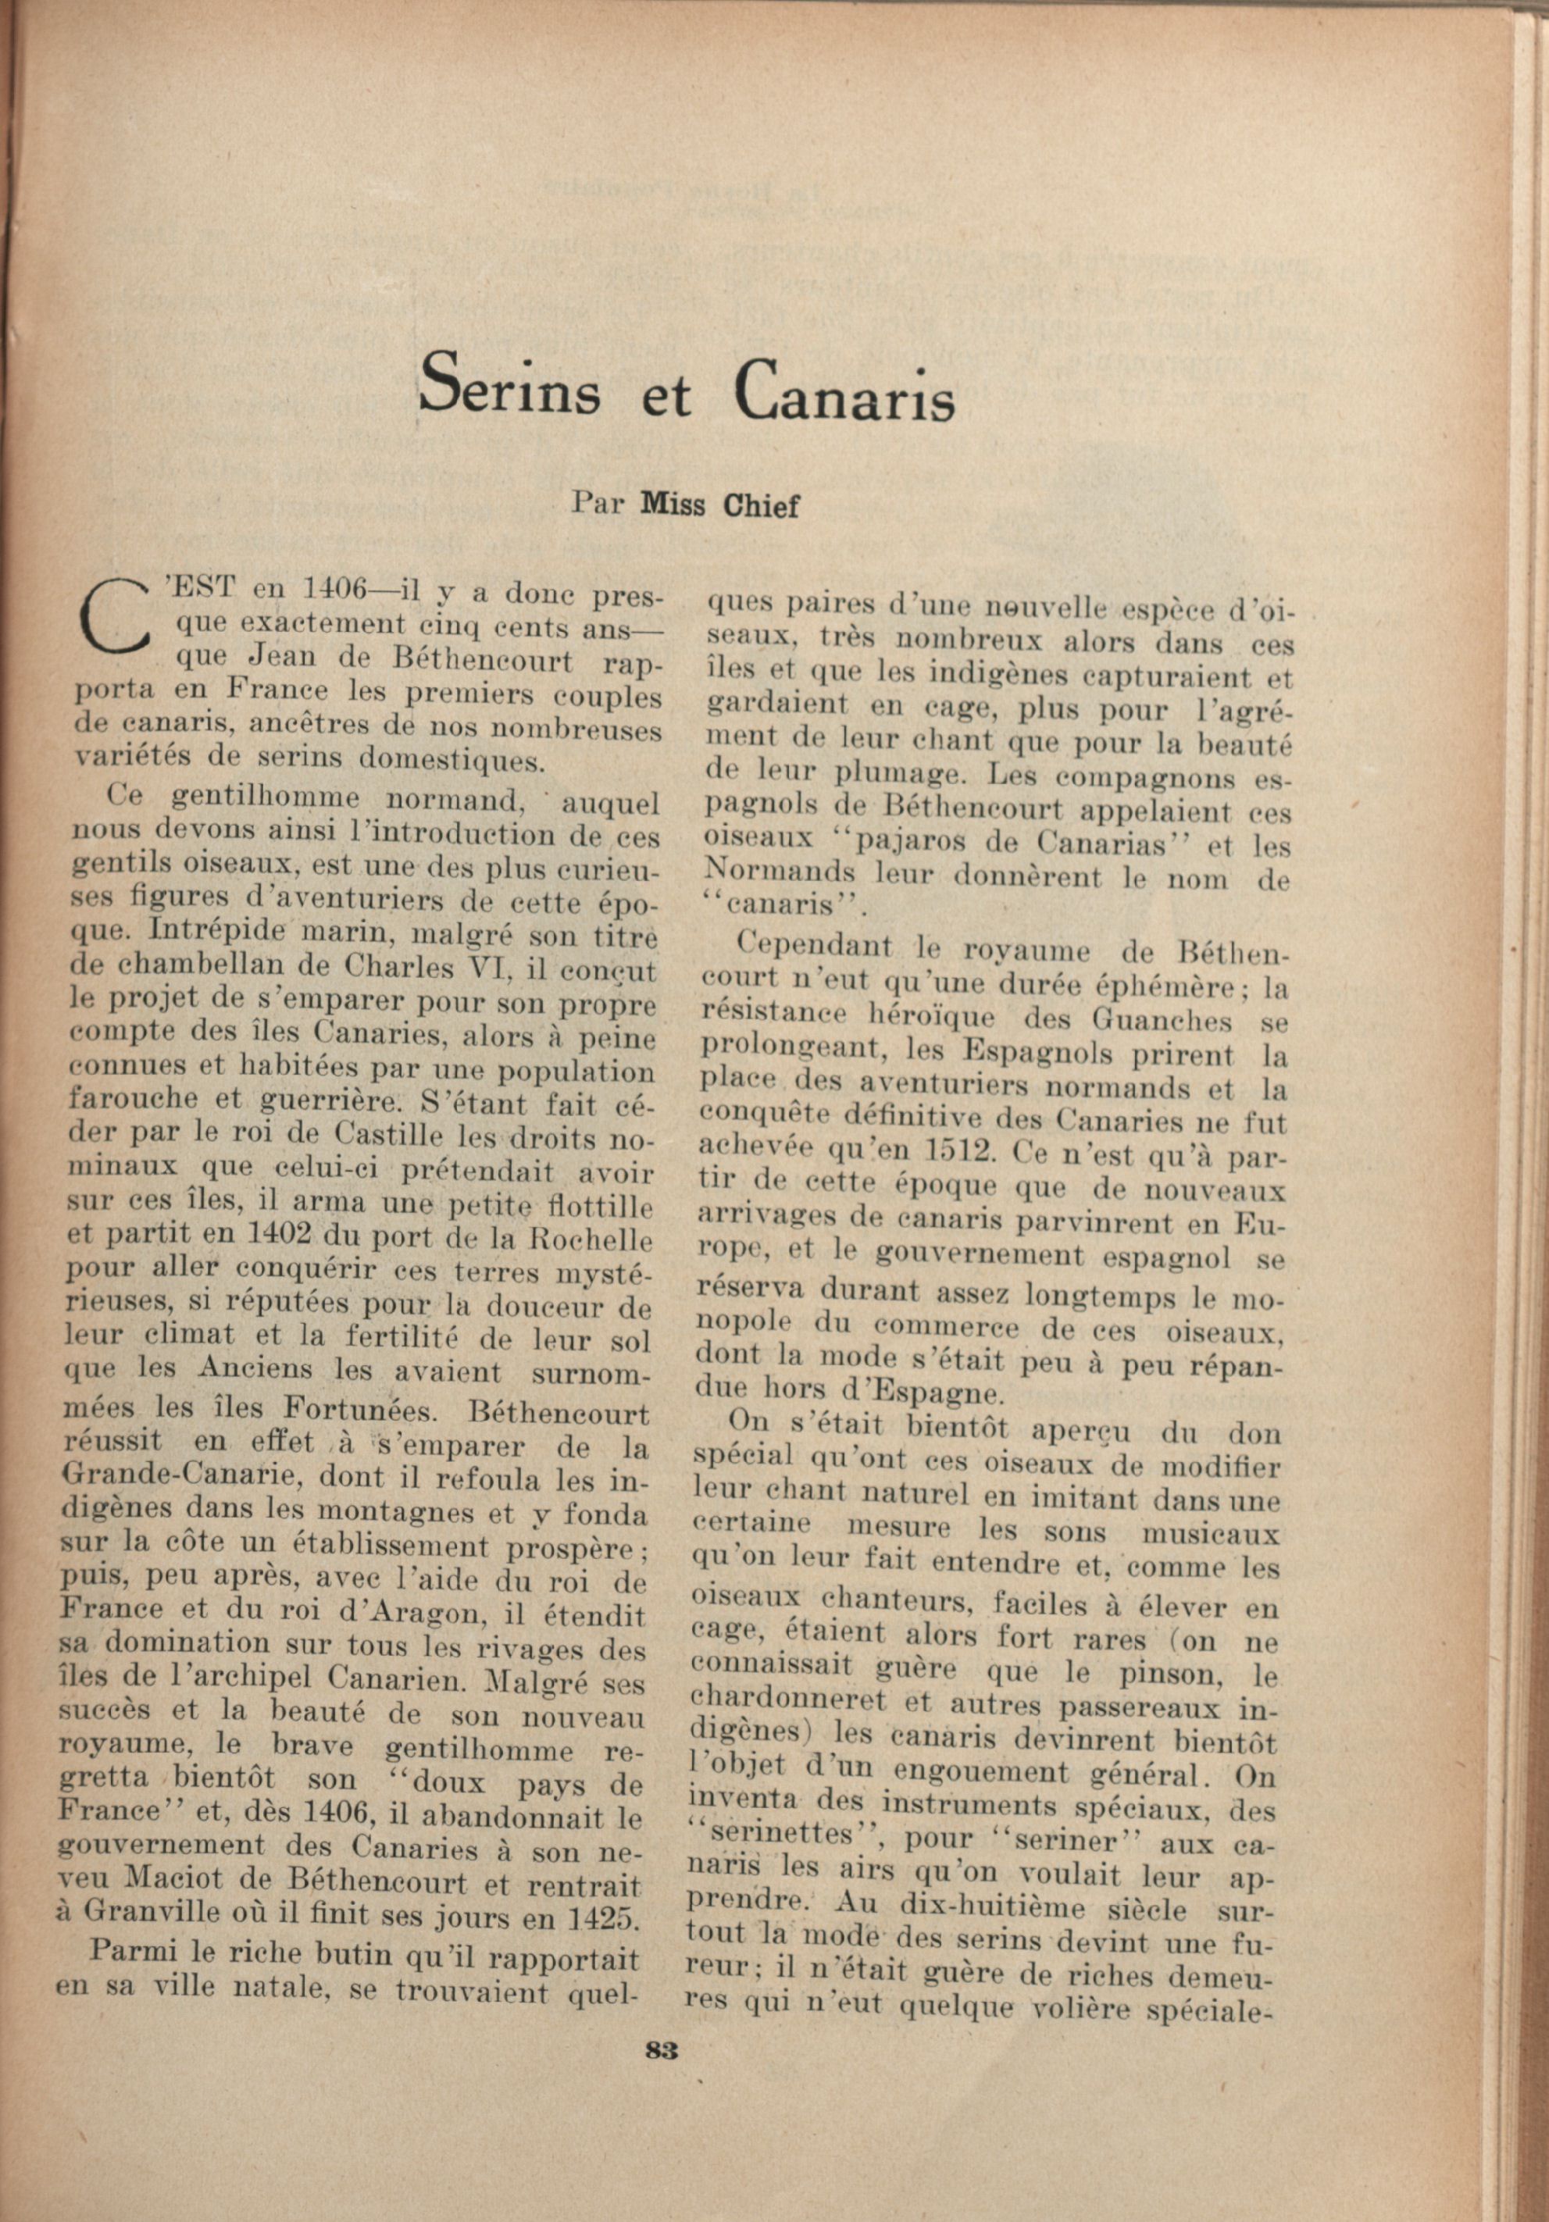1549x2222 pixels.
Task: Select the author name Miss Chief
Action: coord(719,505)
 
